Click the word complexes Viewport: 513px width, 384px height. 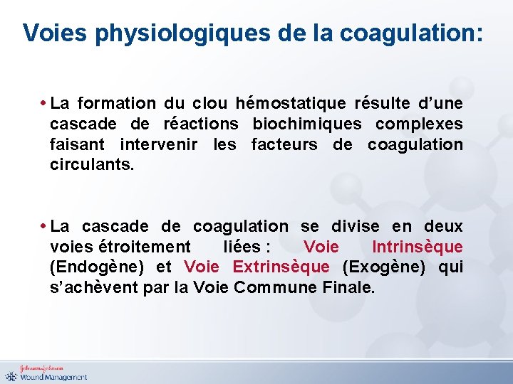click(419, 124)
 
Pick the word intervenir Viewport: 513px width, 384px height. click(160, 144)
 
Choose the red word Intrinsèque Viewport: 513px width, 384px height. click(417, 247)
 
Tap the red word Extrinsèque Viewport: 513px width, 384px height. click(281, 267)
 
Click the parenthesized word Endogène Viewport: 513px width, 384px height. click(97, 267)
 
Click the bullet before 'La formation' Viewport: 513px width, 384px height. click(44, 104)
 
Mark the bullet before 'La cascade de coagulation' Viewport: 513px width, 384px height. click(44, 227)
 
